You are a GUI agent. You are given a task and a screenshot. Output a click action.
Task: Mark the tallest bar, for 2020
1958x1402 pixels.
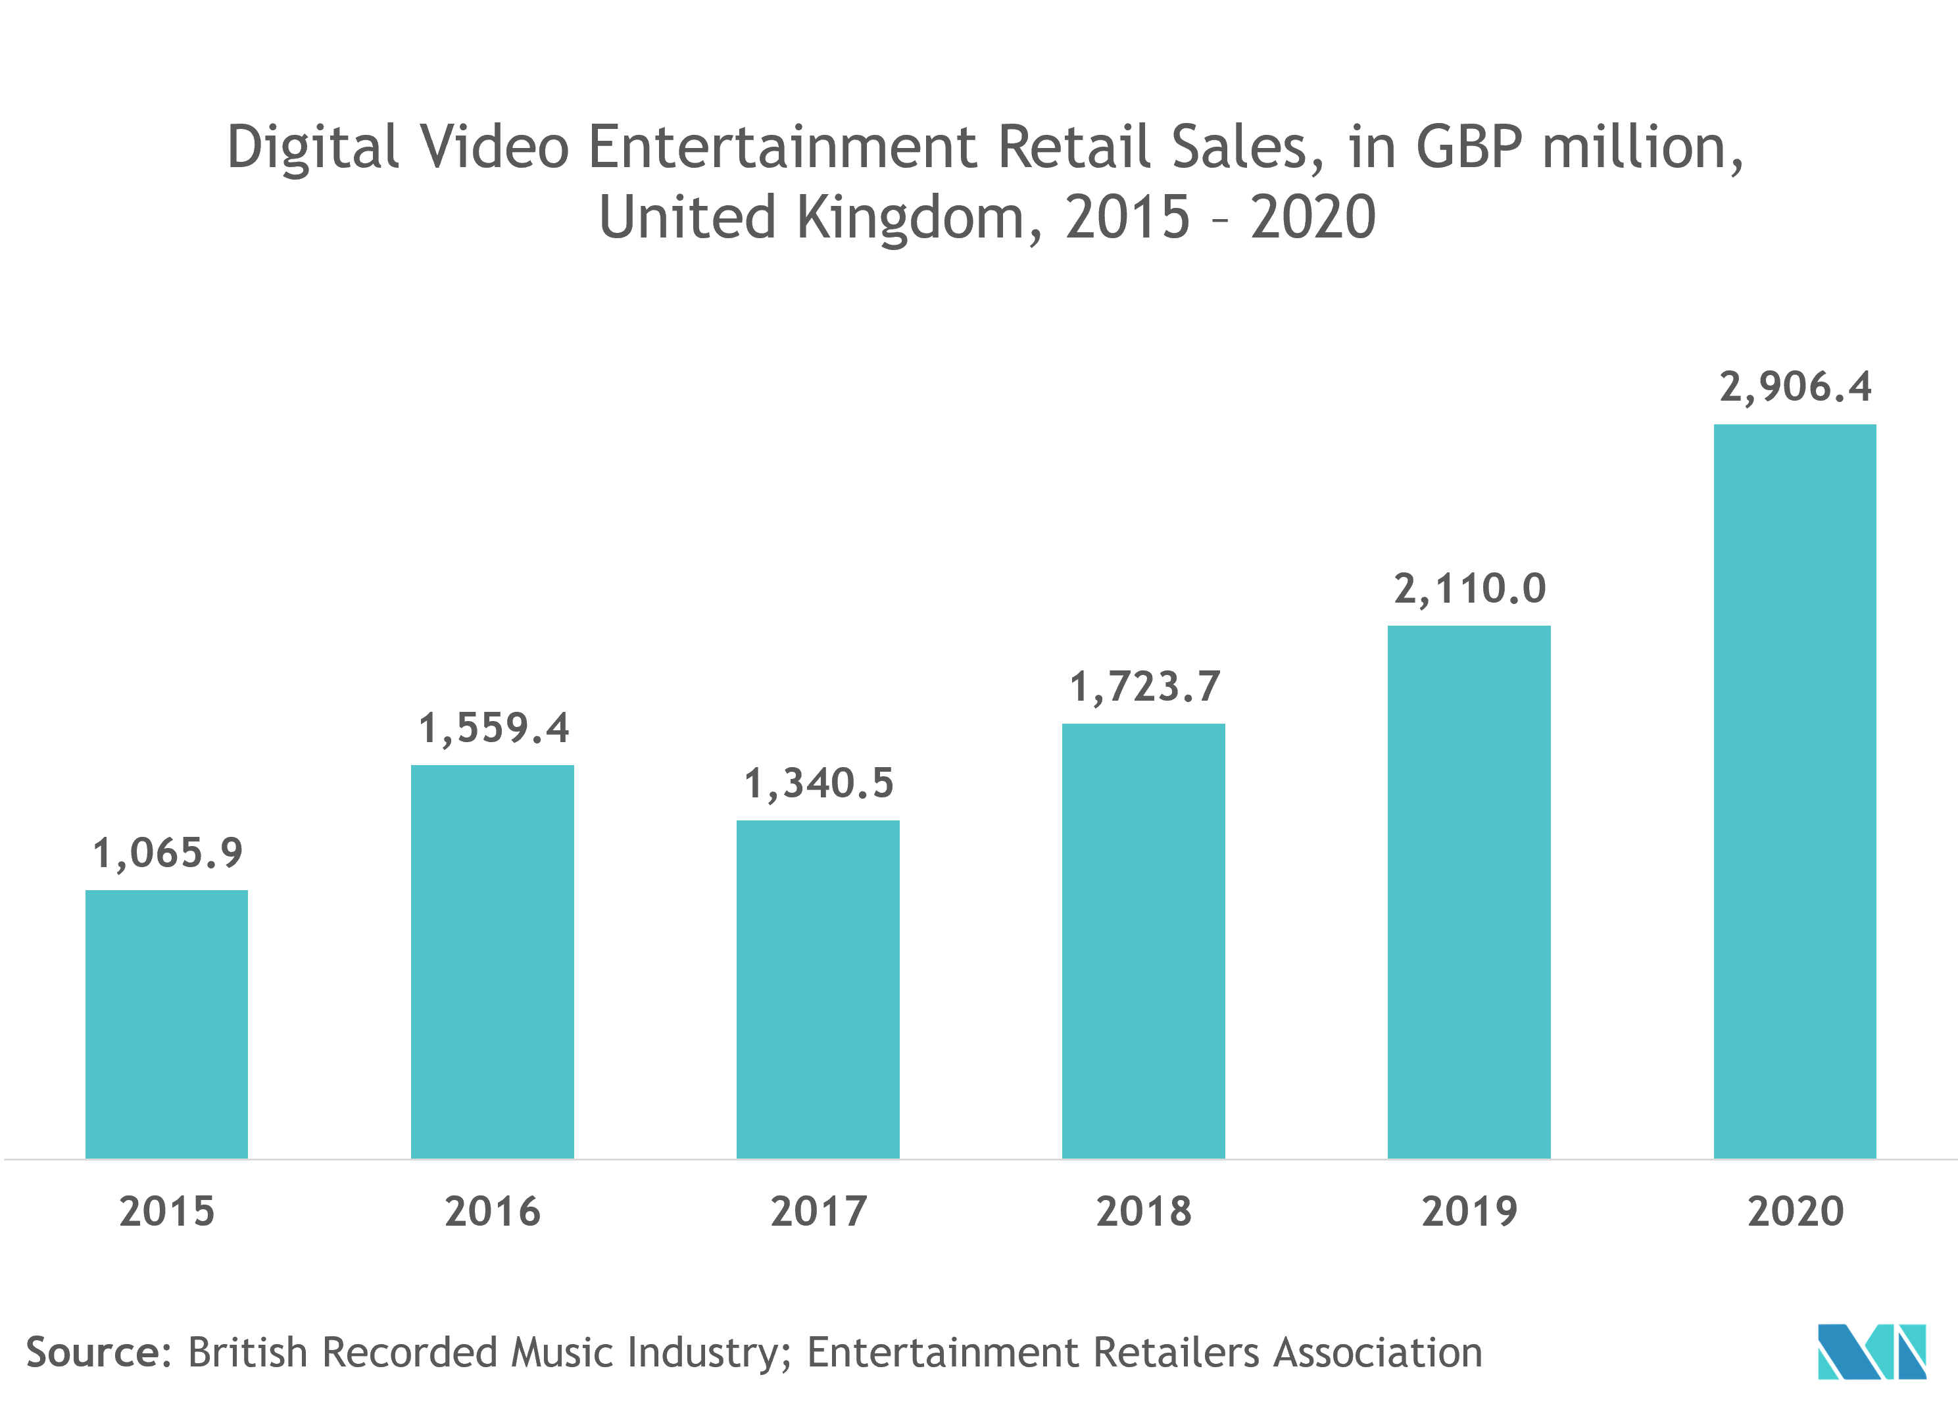[x=1795, y=791]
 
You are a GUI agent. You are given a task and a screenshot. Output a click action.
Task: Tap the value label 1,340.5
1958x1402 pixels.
[x=818, y=784]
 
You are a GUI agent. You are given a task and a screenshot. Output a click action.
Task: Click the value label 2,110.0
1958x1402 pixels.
[x=1469, y=589]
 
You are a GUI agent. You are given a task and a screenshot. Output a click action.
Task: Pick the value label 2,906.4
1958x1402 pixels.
[x=1796, y=387]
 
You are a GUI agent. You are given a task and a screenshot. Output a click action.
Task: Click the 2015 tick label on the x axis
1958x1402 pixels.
[x=166, y=1211]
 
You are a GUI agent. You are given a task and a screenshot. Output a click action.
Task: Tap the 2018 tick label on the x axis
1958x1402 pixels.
[x=1143, y=1211]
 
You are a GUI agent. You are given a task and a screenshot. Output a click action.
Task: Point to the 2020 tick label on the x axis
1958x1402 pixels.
[x=1795, y=1211]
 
